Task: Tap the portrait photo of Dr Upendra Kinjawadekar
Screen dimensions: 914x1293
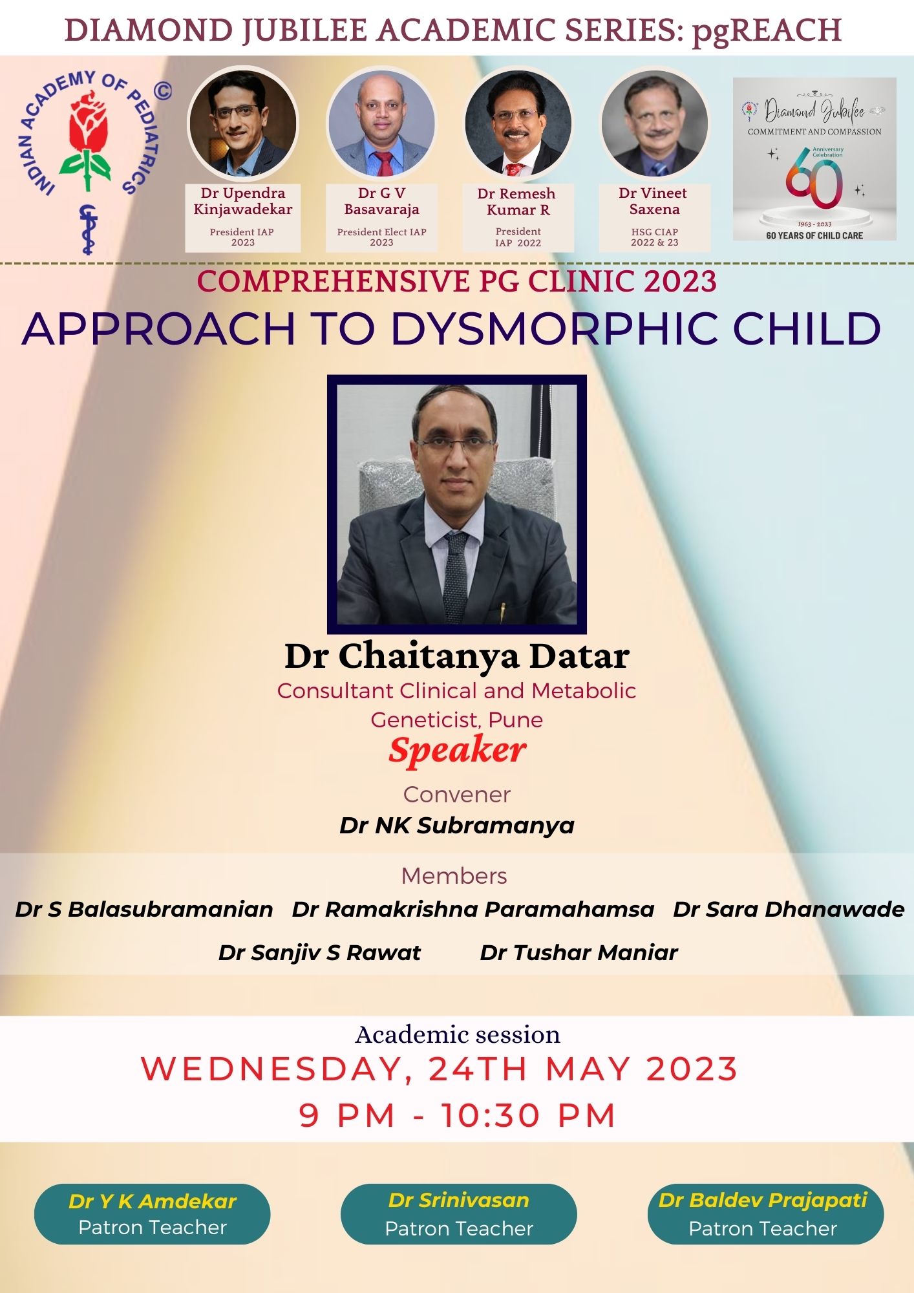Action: (x=243, y=122)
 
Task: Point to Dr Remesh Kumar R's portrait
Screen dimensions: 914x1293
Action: (x=518, y=123)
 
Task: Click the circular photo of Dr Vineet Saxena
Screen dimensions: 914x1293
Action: (x=654, y=123)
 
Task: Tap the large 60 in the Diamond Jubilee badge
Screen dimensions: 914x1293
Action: (x=814, y=178)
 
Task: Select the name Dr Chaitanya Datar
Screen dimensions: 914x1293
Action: (x=457, y=656)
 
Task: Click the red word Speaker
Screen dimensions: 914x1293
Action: (x=457, y=751)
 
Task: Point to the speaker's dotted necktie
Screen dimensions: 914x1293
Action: (x=456, y=575)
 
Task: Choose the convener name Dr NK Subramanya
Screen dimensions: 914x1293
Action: (x=457, y=826)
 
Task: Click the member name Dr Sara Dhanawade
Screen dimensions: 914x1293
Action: (x=789, y=910)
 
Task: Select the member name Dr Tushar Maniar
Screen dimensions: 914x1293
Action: (x=579, y=952)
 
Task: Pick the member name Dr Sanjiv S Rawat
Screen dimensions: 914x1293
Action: (x=319, y=952)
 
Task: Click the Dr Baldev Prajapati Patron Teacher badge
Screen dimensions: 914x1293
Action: (x=765, y=1214)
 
